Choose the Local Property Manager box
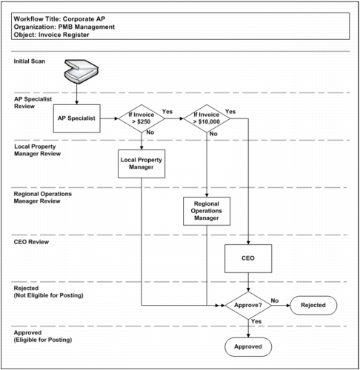(x=140, y=162)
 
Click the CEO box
(x=248, y=259)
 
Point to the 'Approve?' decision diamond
(x=248, y=304)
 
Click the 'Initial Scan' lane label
(x=30, y=59)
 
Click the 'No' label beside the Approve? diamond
(x=275, y=300)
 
